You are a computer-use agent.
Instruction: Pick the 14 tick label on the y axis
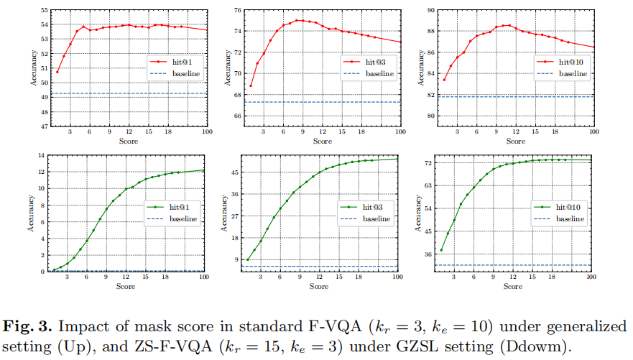click(x=41, y=155)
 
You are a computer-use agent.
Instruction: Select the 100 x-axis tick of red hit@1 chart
click(x=208, y=131)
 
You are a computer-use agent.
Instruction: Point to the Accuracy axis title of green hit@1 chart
click(x=31, y=213)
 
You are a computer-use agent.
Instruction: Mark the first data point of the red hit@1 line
click(x=57, y=71)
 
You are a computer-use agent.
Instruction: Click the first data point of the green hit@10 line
click(x=441, y=249)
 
